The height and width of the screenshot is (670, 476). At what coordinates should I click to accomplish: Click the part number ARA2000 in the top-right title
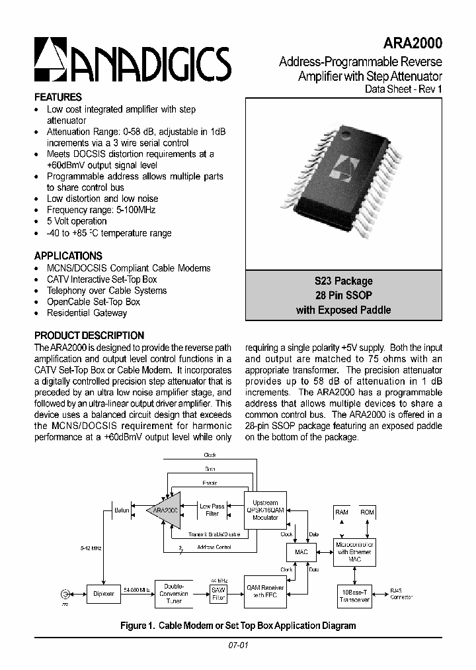pos(411,44)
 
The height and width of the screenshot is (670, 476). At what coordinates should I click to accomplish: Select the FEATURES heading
pos(58,97)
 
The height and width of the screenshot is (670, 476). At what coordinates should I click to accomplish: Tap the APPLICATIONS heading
pos(68,256)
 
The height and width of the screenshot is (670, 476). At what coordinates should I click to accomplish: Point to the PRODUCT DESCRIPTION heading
pos(89,336)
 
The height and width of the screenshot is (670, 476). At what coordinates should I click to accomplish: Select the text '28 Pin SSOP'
pos(343,295)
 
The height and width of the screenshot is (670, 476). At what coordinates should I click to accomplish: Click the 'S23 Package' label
pos(343,281)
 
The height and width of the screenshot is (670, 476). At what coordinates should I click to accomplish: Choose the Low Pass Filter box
pos(213,510)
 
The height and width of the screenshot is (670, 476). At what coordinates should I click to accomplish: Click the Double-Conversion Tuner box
pos(174,594)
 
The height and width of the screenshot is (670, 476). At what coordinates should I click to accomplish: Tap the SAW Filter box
pos(218,593)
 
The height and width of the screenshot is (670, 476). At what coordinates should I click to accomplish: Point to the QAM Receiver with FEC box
pos(264,591)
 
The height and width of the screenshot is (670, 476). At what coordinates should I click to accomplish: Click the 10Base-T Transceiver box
pos(354,595)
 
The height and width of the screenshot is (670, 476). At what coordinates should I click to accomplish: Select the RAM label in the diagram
pos(342,512)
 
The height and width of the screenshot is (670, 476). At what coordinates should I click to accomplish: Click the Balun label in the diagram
pos(122,510)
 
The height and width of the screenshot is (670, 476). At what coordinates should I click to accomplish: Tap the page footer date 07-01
pos(238,646)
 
